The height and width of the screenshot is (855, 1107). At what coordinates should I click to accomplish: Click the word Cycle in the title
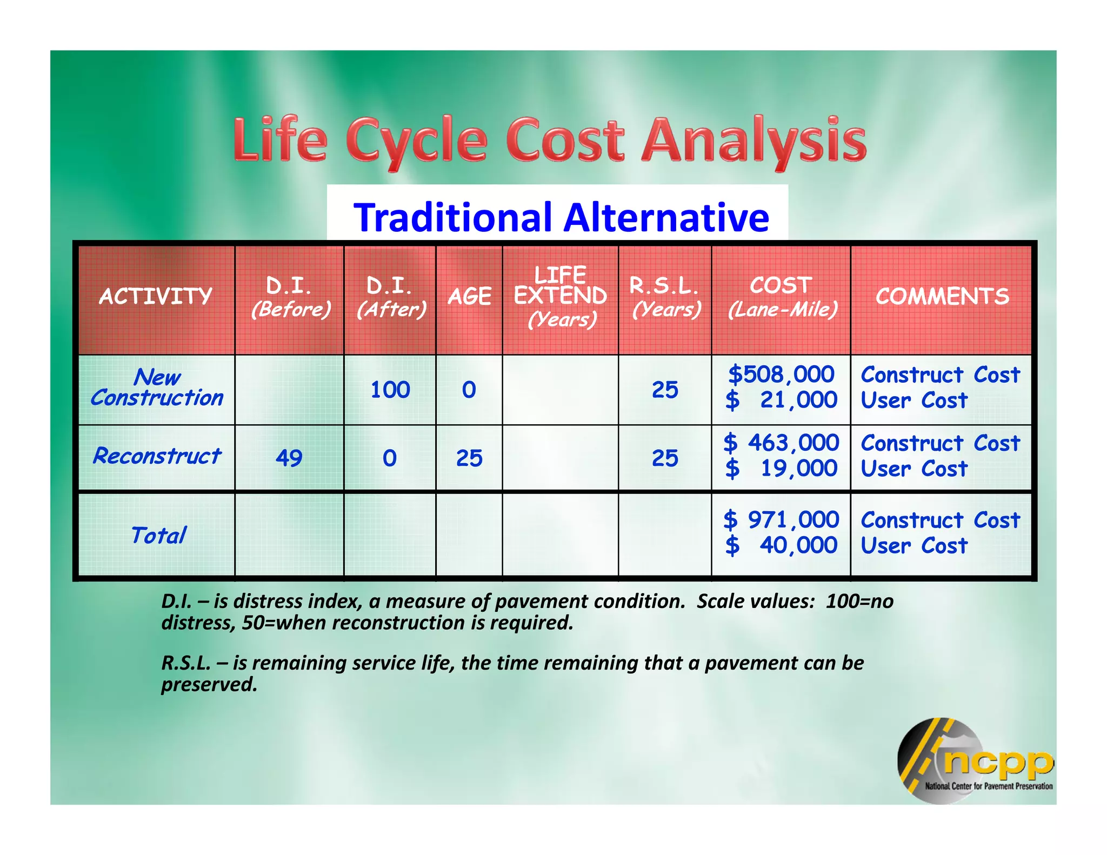tap(416, 142)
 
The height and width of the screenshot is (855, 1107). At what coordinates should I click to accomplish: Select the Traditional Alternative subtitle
tap(561, 217)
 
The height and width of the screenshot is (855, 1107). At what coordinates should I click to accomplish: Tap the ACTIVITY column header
tap(156, 297)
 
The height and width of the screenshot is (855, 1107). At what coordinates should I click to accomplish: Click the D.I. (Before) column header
tap(290, 298)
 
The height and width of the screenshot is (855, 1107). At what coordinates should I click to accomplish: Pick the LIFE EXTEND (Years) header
tap(561, 297)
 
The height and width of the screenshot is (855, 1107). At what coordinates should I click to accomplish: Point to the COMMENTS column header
tap(942, 297)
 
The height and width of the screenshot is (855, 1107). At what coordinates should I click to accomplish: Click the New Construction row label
tap(157, 388)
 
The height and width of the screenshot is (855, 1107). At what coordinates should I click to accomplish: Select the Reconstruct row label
tap(157, 457)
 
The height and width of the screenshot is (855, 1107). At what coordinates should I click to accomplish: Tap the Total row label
tap(158, 536)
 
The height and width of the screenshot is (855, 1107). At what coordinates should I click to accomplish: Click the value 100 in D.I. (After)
tap(390, 390)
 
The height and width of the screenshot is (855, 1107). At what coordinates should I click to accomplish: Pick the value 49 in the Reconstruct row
tap(289, 458)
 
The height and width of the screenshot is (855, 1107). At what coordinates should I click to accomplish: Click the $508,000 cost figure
tap(781, 375)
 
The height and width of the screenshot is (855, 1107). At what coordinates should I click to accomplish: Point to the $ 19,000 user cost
tap(782, 469)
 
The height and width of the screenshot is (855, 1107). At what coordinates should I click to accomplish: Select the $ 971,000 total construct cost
tap(782, 520)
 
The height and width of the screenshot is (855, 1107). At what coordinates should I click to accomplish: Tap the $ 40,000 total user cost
tap(782, 545)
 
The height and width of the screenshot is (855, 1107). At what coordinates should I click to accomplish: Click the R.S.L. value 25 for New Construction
tap(665, 390)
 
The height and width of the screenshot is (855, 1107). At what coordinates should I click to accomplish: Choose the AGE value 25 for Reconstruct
tap(469, 458)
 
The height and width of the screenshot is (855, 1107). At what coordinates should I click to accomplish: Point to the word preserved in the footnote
tap(209, 685)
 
